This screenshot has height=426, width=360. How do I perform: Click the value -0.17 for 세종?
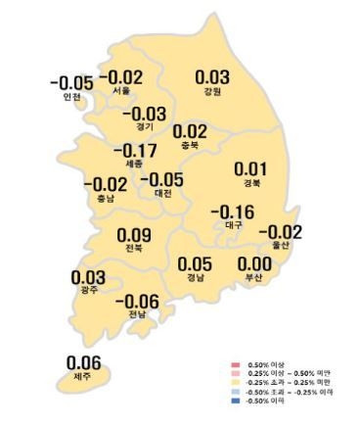(135, 152)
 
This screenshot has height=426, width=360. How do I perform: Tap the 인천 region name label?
(71, 97)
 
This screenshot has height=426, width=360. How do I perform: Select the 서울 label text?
(121, 91)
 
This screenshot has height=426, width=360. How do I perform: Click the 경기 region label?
(144, 127)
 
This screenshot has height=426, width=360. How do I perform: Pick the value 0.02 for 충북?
(189, 131)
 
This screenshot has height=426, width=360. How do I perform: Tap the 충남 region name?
(104, 197)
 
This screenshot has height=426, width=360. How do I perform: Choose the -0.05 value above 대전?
(161, 179)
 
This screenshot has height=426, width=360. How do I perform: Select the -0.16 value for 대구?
(233, 213)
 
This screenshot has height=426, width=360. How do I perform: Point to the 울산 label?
(280, 245)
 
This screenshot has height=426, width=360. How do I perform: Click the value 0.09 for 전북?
(134, 235)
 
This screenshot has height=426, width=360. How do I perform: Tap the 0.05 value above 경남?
(194, 263)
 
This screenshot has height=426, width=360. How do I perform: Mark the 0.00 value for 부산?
(254, 263)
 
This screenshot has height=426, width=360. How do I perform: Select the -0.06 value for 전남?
(137, 302)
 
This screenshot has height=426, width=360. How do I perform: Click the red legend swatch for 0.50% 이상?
(237, 364)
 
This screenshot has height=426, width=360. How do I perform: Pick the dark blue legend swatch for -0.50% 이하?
(237, 401)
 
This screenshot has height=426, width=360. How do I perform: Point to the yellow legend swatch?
(237, 382)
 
